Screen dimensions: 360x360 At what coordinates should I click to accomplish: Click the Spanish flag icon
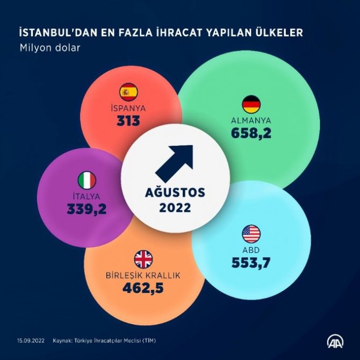[x=128, y=92]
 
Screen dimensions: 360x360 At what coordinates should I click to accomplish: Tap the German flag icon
[x=251, y=104]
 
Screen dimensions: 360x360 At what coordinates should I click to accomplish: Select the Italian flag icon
[x=87, y=181]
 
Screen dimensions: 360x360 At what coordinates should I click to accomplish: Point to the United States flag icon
[x=251, y=234]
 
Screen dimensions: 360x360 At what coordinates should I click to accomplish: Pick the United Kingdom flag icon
[x=143, y=260]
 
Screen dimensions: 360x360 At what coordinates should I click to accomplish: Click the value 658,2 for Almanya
[x=251, y=133]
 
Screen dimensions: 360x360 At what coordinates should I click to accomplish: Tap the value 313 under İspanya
[x=128, y=121]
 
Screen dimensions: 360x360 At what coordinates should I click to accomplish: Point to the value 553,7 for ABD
[x=251, y=263]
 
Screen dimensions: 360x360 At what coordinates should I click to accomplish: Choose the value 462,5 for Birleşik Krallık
[x=143, y=289]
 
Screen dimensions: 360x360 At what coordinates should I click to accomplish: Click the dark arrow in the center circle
[x=174, y=163]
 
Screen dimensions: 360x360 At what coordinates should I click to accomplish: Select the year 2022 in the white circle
[x=175, y=207]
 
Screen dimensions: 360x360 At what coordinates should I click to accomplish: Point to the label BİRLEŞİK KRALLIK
[x=143, y=276]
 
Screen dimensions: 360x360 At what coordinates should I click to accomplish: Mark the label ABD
[x=251, y=250]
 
